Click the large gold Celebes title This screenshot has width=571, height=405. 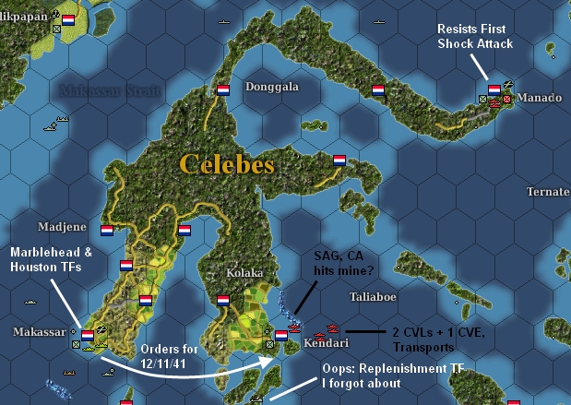[x=227, y=164]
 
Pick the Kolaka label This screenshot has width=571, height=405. [x=244, y=274]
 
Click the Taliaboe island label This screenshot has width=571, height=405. [x=373, y=298]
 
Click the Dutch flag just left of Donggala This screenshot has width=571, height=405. [x=222, y=90]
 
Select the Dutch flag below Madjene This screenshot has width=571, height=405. [x=108, y=231]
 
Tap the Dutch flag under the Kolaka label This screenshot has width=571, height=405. [x=222, y=300]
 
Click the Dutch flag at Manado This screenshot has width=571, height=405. [x=494, y=89]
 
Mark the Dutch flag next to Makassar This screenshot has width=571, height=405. [x=88, y=335]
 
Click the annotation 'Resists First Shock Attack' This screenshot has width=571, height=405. [x=475, y=37]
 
